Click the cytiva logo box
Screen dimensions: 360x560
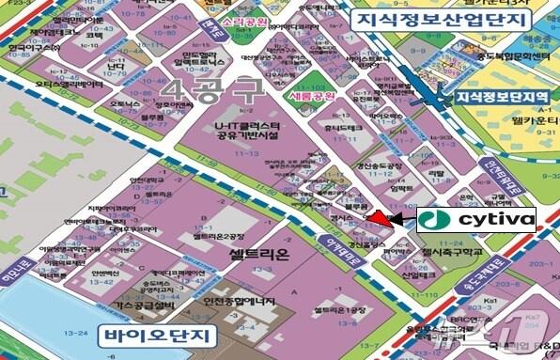click(475, 221)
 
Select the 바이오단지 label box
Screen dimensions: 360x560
click(157, 335)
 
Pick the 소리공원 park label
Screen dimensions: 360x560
click(225, 19)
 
